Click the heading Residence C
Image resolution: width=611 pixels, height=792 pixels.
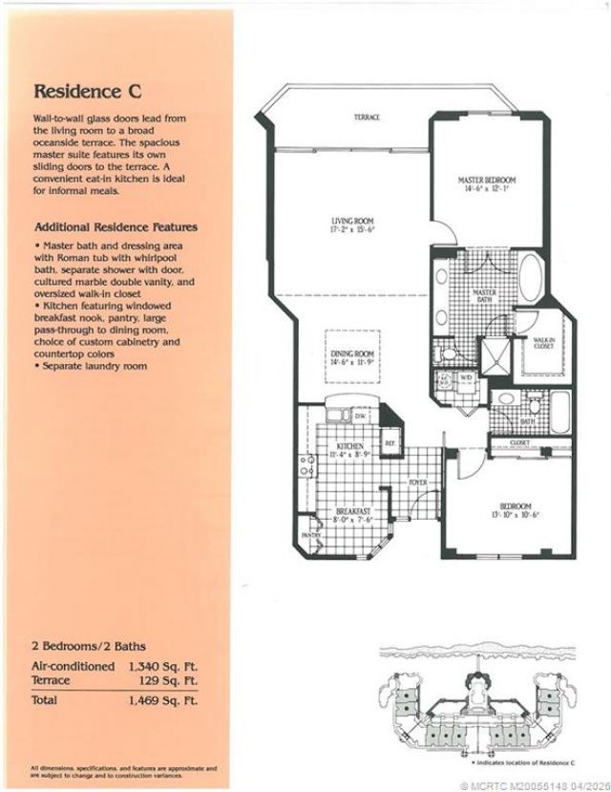pos(88,92)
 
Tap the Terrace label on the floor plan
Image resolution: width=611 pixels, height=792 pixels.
pos(368,118)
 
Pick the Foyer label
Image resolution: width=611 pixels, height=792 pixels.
pos(418,482)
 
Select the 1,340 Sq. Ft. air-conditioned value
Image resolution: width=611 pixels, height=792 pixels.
pos(163,664)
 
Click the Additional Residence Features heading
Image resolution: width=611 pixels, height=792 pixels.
pos(116,227)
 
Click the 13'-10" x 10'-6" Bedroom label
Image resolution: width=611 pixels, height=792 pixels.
pos(515,510)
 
